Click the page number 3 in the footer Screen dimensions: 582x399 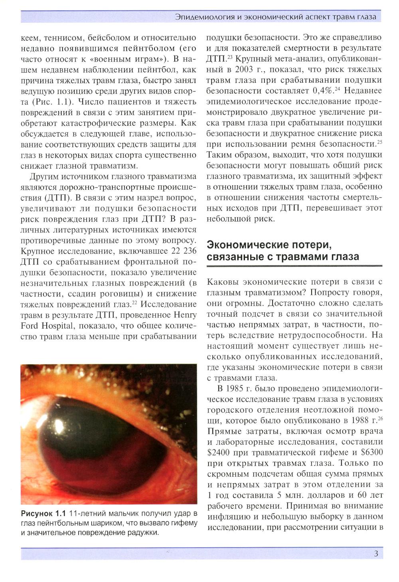pyautogui.click(x=376, y=554)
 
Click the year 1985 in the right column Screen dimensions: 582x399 pyautogui.click(x=235, y=389)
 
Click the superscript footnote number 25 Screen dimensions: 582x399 pyautogui.click(x=379, y=141)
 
